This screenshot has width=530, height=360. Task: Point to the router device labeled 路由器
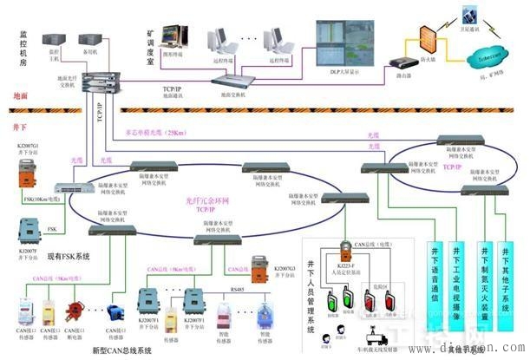(401, 62)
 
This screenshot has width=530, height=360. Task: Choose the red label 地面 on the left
(18, 95)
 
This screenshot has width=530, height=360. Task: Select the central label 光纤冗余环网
(206, 200)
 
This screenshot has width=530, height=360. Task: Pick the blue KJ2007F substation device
(28, 232)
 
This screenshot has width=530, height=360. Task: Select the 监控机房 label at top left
(18, 47)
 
